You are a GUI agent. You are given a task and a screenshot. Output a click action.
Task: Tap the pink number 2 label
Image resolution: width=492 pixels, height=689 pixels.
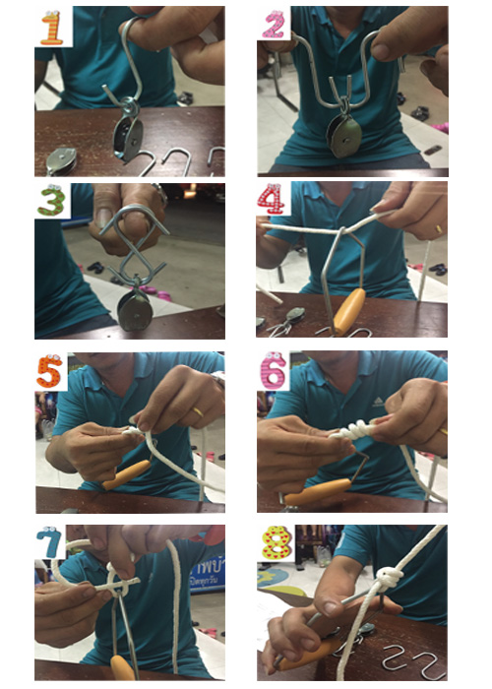275,25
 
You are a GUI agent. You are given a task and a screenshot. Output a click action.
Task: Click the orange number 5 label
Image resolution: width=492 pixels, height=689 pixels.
50,372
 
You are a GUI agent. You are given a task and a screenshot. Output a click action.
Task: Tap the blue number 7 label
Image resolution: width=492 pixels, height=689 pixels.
50,544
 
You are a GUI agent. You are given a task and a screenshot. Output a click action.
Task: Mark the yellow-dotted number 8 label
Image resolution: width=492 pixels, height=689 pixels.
275,543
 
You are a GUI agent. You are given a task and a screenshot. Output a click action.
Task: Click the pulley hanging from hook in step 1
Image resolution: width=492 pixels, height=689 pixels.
126,132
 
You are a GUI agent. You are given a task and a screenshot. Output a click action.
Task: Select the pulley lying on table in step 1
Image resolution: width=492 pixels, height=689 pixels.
62,157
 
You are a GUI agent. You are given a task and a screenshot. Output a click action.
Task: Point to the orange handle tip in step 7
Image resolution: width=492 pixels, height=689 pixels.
122,669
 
